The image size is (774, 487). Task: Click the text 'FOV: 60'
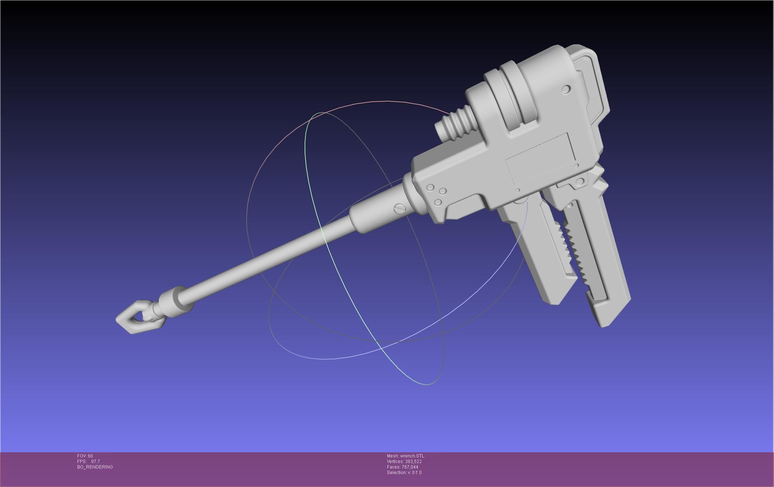pos(85,456)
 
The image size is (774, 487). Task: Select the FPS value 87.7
pos(95,462)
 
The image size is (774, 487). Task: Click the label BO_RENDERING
pos(95,467)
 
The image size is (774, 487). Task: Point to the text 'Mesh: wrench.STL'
pos(405,456)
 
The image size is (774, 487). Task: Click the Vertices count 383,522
pos(413,462)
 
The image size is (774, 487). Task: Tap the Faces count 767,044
pos(410,467)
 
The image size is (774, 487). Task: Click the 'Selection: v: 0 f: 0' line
pos(404,473)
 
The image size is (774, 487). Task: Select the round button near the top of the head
pos(566,89)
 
